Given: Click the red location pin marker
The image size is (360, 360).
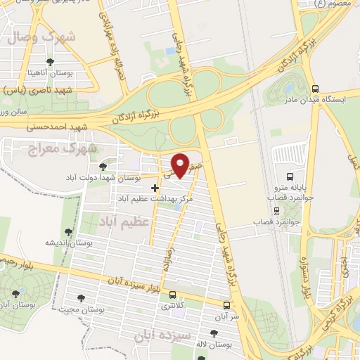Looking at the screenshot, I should pos(181,165).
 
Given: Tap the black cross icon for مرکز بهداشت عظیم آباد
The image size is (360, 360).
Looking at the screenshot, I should pos(155,188).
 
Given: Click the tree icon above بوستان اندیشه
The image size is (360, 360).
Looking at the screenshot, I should pos(67,231).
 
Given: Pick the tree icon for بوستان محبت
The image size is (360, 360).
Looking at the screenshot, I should pos(81,297).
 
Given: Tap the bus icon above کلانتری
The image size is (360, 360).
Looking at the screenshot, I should pos(172,295).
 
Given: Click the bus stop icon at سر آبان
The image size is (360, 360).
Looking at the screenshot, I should pos(226,306).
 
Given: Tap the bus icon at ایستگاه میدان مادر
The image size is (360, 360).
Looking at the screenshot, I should pos(315,89).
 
